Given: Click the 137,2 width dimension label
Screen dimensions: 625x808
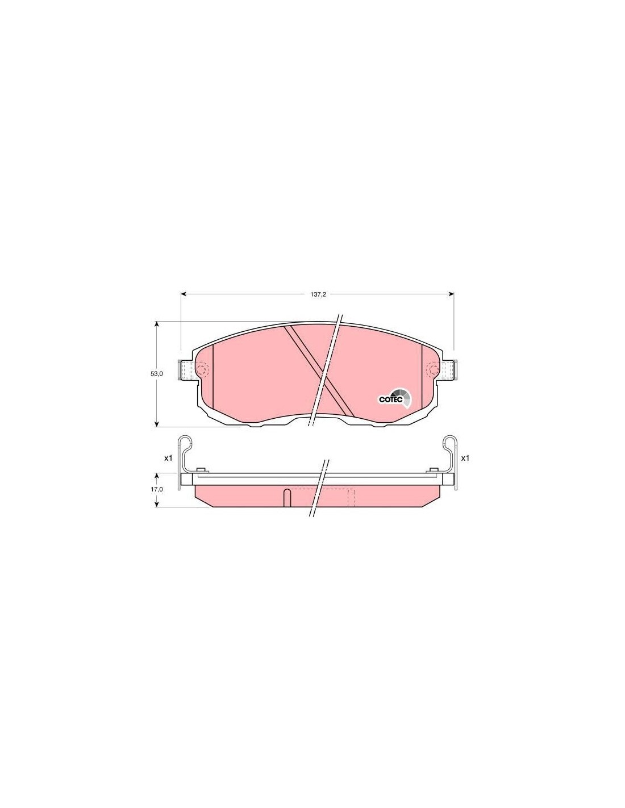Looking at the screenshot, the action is point(318,294).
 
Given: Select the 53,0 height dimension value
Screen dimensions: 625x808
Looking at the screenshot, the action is point(156,374).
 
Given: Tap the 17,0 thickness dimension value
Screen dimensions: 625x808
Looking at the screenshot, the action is point(156,490).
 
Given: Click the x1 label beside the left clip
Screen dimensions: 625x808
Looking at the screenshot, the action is point(168,459).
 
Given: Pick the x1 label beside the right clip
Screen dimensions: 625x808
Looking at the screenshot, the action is point(465,459).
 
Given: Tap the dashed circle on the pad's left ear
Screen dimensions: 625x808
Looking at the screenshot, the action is point(202,370).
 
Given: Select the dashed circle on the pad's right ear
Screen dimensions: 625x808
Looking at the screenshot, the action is point(433,370).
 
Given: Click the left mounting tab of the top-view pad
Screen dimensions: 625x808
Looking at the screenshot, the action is point(187,370).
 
